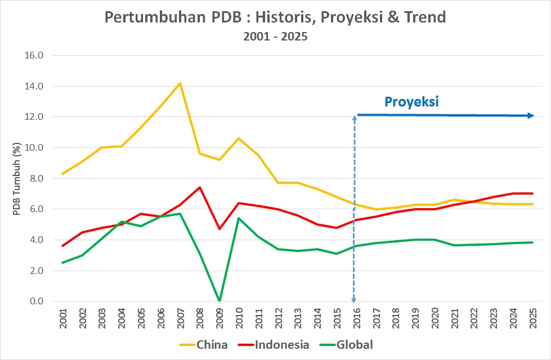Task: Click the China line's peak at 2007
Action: point(180,83)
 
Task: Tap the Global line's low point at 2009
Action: point(219,300)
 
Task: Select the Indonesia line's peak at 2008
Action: point(200,187)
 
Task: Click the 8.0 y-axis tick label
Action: point(37,178)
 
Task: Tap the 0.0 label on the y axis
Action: point(37,301)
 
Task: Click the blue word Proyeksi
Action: point(411,102)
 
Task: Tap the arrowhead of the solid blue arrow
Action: point(531,116)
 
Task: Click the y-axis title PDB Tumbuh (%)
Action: point(17,178)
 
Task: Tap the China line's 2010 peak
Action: point(239,138)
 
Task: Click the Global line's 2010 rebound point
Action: point(239,218)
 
